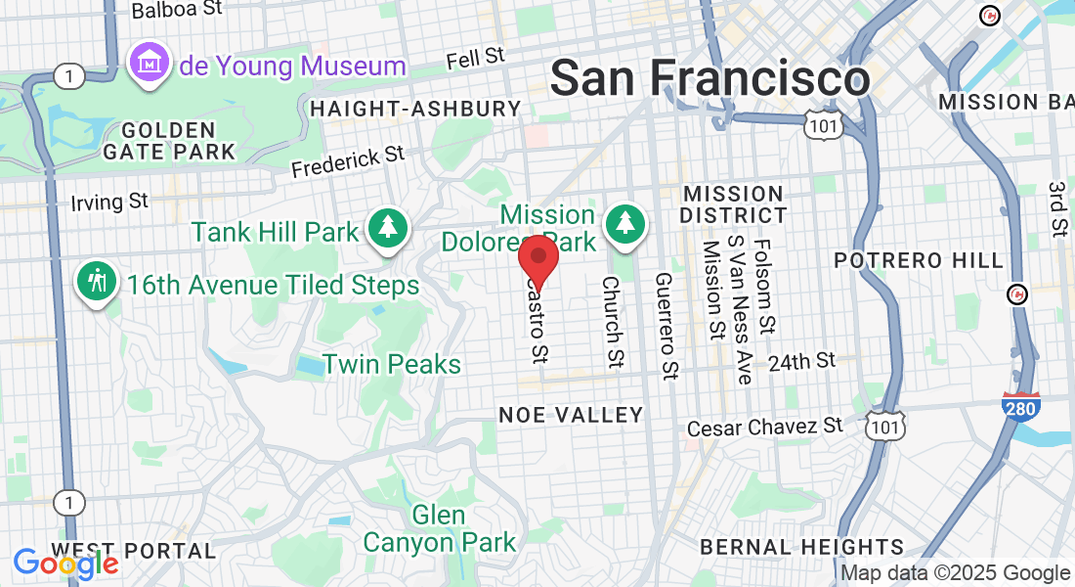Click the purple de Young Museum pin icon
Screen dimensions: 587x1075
(150, 64)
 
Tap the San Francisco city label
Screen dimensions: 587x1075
(709, 76)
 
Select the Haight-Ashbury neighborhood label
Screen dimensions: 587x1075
(415, 109)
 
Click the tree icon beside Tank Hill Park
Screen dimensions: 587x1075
(389, 228)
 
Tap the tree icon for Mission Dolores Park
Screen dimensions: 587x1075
(624, 223)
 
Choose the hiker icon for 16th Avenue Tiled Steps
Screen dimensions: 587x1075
(98, 282)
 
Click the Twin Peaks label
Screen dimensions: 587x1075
(392, 364)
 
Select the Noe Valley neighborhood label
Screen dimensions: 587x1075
(571, 415)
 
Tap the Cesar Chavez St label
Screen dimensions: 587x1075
(764, 428)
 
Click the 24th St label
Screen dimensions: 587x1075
(801, 362)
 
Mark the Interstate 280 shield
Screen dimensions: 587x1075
(1019, 406)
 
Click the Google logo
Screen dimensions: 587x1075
(65, 563)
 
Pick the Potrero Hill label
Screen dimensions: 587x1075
(919, 260)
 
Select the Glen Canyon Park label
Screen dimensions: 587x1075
(439, 528)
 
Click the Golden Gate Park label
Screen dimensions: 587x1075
(169, 141)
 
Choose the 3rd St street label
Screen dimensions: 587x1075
(1057, 207)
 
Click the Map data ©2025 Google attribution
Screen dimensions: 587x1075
(956, 573)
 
